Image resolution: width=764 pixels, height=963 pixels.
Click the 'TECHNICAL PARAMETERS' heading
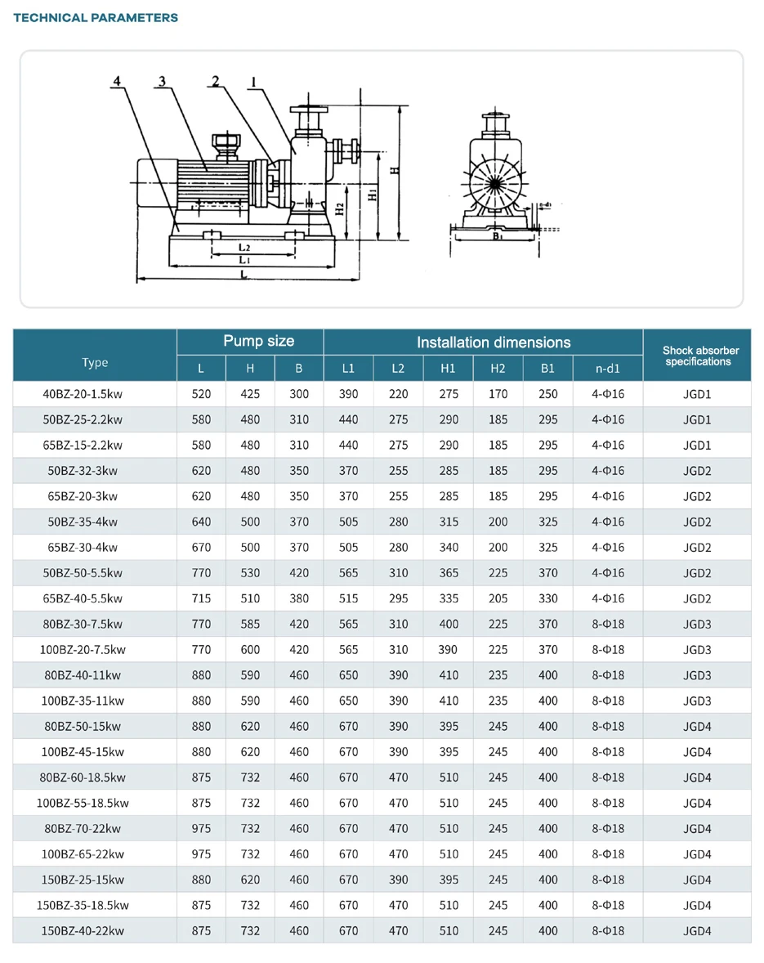pos(96,17)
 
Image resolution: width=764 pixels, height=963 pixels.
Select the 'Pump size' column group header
pos(258,342)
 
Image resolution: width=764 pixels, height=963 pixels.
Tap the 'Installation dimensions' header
pos(494,343)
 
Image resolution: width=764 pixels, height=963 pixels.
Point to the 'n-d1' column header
pos(607,369)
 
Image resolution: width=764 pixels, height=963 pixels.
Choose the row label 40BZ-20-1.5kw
pos(82,394)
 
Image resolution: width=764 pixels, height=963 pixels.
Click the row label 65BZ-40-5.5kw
pos(82,598)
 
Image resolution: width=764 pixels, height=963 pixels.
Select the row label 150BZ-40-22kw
pos(82,930)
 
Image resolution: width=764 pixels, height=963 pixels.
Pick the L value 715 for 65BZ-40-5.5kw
pos(201,598)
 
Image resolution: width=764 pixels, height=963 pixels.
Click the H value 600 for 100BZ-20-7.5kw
pos(250,650)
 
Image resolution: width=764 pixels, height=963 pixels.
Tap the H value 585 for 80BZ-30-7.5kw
pos(250,624)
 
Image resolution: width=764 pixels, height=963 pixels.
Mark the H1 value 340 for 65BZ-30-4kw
pos(449,548)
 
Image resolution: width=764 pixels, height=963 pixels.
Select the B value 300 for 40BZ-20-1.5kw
pos(299,394)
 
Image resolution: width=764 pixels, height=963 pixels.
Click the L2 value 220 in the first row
pos(398,394)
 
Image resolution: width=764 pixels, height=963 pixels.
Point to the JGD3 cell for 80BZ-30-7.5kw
pos(697,624)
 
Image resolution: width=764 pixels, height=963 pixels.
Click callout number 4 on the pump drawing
pos(118,81)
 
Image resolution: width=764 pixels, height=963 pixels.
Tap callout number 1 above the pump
pos(255,81)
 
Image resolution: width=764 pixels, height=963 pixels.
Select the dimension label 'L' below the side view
pos(243,275)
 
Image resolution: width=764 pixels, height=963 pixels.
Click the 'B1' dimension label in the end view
pos(496,237)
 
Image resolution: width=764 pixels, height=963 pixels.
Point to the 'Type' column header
pos(95,363)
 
